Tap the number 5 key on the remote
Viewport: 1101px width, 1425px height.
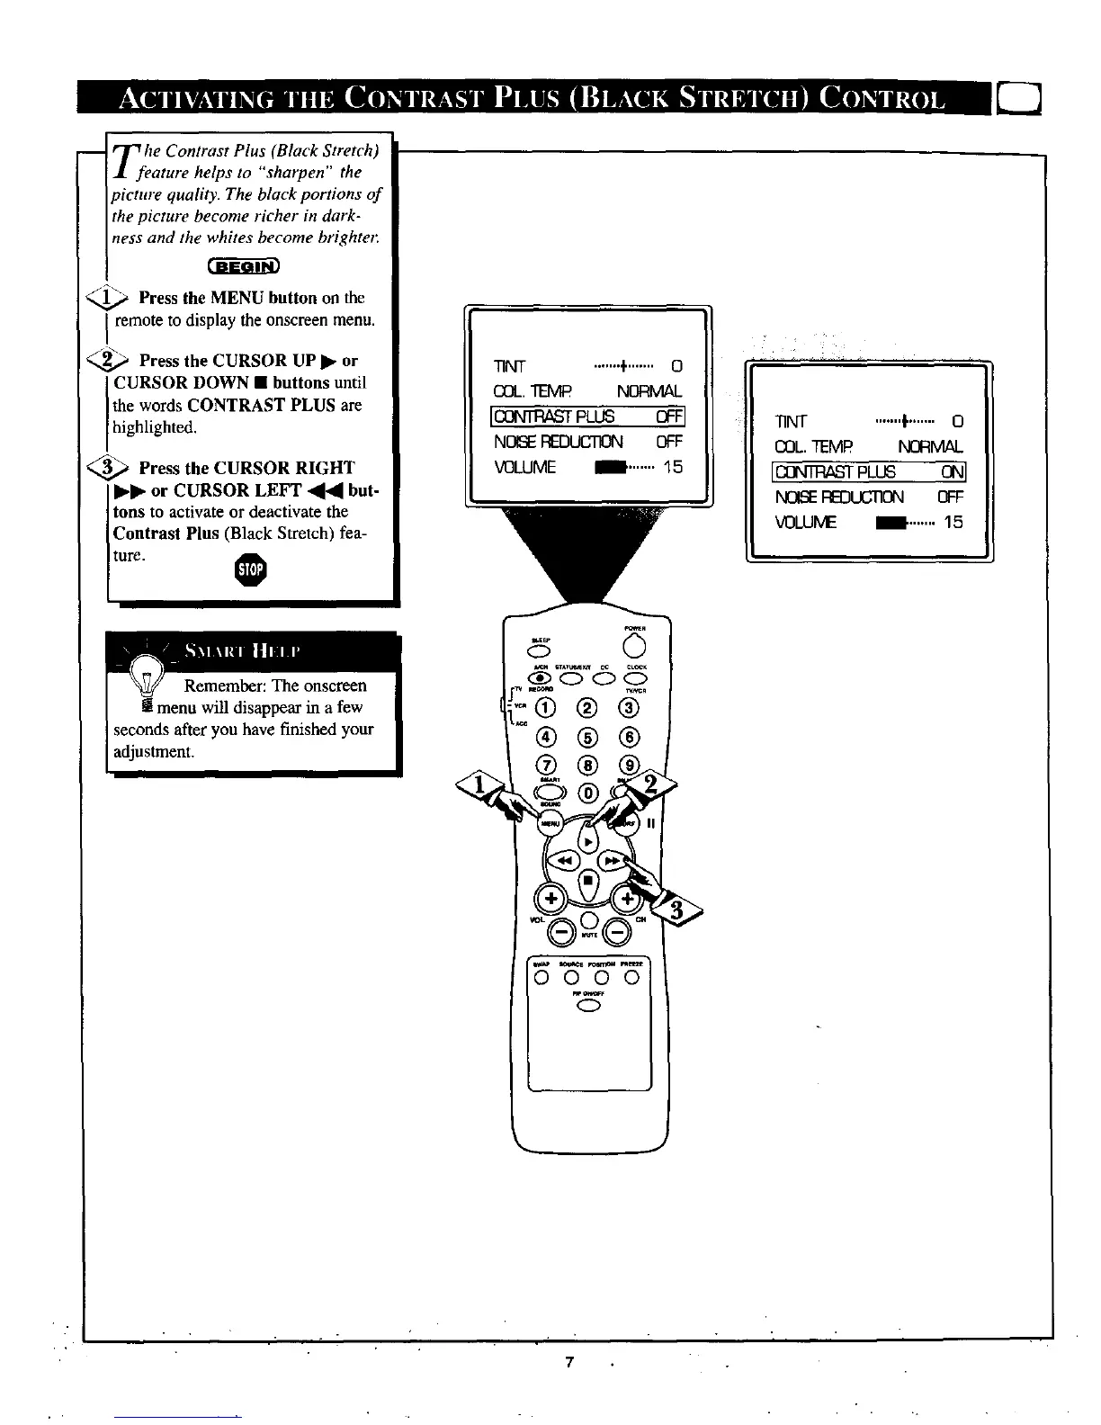pyautogui.click(x=588, y=737)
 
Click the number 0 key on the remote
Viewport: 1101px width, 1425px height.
pyautogui.click(x=588, y=793)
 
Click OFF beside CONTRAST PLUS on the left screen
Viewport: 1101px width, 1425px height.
pyautogui.click(x=668, y=416)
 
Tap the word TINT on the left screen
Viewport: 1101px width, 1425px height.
pyautogui.click(x=509, y=366)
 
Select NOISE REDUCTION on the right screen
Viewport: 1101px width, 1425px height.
pyautogui.click(x=838, y=497)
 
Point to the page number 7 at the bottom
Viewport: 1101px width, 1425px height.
pyautogui.click(x=568, y=1361)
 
